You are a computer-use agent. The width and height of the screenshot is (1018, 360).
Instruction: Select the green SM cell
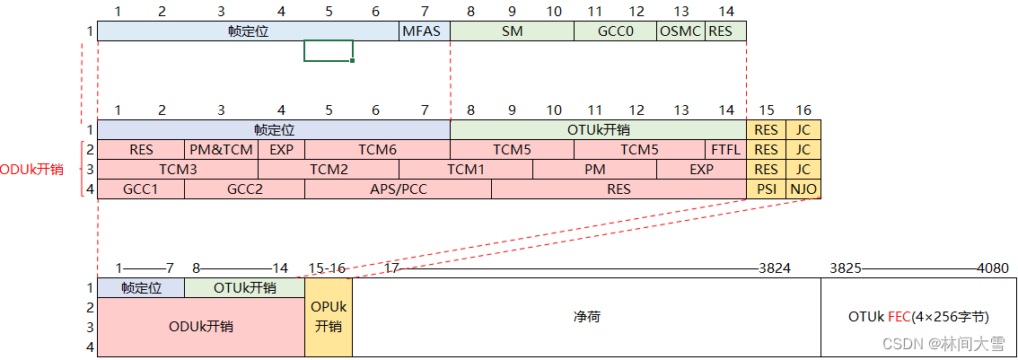click(x=511, y=31)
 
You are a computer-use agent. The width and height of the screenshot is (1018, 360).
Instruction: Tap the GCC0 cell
click(x=615, y=31)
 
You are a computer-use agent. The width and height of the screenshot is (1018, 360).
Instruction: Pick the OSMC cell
click(x=680, y=31)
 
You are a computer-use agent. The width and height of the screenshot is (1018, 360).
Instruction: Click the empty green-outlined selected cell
click(x=328, y=51)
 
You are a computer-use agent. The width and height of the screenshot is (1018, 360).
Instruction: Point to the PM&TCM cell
click(x=221, y=150)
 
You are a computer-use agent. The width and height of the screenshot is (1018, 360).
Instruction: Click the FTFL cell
click(x=725, y=150)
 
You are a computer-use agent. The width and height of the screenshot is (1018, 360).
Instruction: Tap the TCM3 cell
click(x=178, y=170)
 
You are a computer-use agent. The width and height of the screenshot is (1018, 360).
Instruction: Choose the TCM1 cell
click(x=466, y=170)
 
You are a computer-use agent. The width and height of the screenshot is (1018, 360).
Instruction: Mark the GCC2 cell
click(x=244, y=189)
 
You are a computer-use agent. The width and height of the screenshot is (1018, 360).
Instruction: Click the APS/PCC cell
click(x=398, y=189)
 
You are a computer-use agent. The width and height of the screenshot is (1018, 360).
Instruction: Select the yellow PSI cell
click(x=766, y=189)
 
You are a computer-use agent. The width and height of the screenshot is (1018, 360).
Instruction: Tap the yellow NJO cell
click(x=803, y=189)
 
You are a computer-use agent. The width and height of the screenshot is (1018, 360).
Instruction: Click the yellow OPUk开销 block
click(x=328, y=317)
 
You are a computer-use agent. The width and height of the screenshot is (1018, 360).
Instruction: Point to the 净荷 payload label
click(x=585, y=317)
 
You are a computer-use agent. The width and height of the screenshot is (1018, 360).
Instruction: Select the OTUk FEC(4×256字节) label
click(x=918, y=317)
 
